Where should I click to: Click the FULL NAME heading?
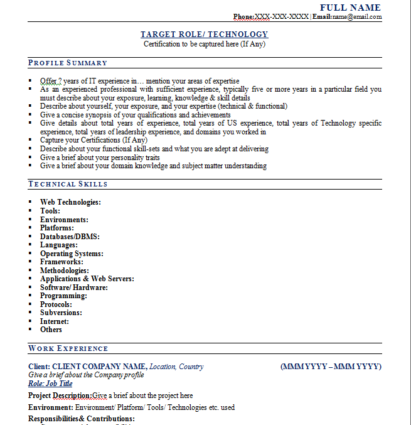point(350,8)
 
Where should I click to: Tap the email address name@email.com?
point(356,17)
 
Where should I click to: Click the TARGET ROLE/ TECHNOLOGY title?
point(204,35)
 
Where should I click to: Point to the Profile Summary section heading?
point(68,63)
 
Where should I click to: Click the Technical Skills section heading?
point(68,184)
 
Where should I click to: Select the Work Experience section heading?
point(68,348)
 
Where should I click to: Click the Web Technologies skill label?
point(70,202)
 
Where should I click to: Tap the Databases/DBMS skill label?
point(70,237)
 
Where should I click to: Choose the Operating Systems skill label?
point(72,254)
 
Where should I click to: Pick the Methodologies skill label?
point(64,271)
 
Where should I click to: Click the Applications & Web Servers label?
point(87,279)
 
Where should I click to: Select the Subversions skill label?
point(61,313)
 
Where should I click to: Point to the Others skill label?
point(51,330)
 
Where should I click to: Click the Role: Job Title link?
point(50,384)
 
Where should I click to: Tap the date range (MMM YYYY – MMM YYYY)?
point(331,367)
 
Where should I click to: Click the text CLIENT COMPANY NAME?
point(100,367)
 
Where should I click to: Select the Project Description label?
point(60,395)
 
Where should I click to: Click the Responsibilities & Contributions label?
point(82,419)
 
